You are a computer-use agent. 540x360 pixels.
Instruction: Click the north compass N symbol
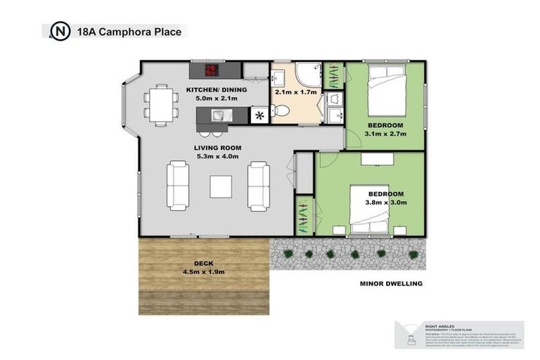(60, 32)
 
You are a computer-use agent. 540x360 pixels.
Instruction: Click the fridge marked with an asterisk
(261, 115)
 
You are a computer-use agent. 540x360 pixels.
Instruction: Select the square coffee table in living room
(221, 187)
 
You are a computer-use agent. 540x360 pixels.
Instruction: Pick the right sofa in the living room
(259, 186)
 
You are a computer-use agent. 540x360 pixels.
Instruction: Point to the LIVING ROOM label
(218, 148)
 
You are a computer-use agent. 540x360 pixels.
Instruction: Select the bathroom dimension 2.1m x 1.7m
(297, 91)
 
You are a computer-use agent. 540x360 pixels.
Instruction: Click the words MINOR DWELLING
(390, 284)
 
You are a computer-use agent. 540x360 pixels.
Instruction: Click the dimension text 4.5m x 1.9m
(204, 271)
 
